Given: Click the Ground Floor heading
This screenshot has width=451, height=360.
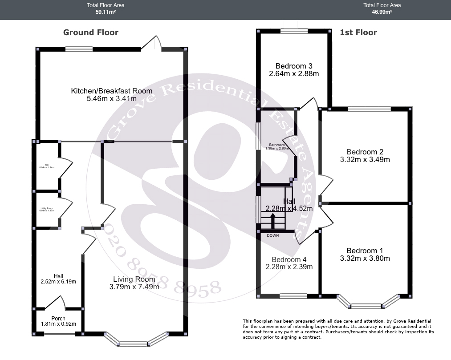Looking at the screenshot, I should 91,32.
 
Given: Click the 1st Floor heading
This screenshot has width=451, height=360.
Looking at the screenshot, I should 358,32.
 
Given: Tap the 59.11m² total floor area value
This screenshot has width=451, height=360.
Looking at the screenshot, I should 106,12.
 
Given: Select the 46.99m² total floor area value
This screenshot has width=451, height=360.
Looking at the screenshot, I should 382,12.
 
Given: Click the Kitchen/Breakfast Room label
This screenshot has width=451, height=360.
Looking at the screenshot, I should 111,91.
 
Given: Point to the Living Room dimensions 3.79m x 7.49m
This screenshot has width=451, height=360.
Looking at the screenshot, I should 132,287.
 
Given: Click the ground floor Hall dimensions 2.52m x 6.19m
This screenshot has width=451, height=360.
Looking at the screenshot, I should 58,282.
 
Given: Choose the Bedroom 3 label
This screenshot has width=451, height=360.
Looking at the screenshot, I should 294,65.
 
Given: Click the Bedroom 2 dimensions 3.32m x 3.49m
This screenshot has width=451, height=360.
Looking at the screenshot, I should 365,159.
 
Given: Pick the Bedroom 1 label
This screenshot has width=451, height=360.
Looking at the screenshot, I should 365,251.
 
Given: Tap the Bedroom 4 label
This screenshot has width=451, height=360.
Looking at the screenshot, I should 289,259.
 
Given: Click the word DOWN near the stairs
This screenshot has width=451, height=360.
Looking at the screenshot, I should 273,235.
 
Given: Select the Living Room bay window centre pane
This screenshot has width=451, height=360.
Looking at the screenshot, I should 133,344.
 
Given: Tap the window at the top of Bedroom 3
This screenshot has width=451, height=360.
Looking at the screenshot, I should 294,31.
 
